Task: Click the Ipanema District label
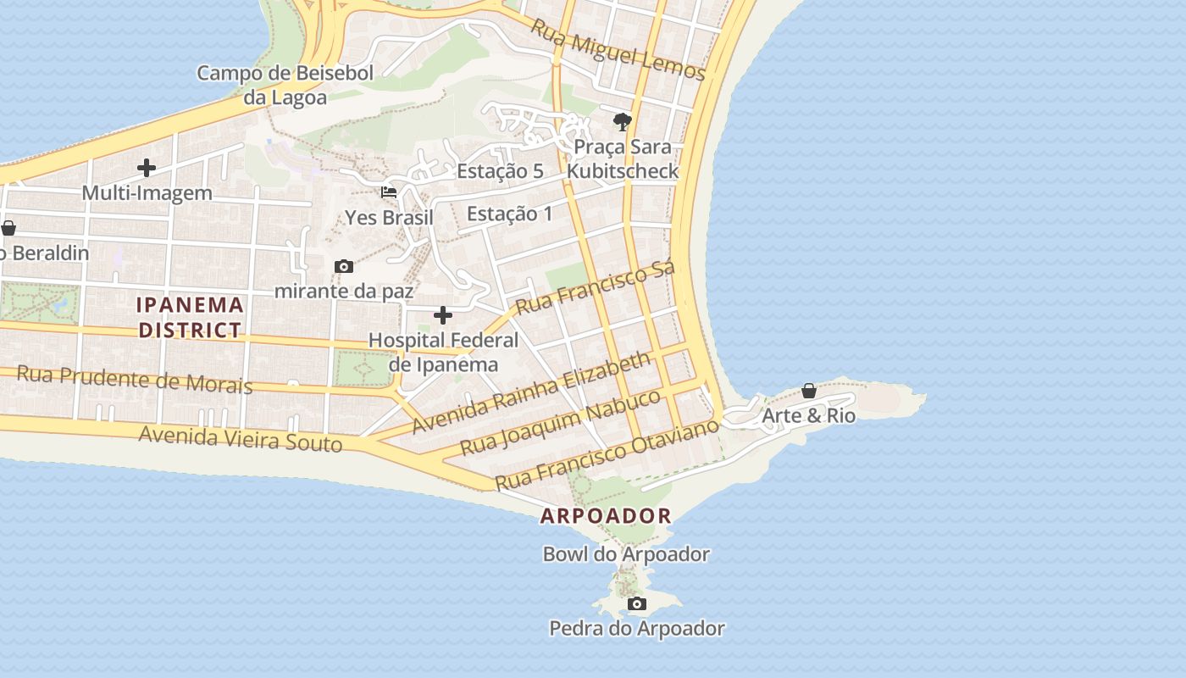191,317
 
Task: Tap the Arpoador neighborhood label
606,515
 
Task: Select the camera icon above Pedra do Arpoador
637,604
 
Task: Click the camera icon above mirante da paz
344,267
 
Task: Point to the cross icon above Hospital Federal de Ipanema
443,316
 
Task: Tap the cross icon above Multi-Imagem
147,168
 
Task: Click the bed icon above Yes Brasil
389,192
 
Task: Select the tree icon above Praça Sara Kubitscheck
623,122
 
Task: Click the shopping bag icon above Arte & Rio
809,391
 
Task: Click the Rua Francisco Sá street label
595,287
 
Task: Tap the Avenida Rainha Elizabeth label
532,392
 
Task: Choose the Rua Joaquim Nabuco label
560,422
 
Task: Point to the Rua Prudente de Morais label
135,379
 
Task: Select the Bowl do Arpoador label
626,554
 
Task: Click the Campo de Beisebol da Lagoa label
285,85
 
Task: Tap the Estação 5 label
500,171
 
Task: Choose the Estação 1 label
510,214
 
